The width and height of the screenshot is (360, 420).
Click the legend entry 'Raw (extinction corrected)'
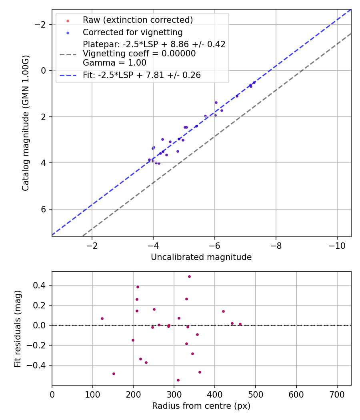[138, 20]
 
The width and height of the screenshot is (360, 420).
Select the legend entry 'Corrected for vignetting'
[132, 32]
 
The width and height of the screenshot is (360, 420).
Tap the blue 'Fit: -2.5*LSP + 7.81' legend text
[142, 75]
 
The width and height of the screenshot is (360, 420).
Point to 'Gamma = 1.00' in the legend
[114, 63]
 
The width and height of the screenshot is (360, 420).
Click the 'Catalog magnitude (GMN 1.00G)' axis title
[26, 123]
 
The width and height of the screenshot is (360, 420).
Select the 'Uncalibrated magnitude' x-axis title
[201, 257]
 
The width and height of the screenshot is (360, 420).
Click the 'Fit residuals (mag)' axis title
[18, 328]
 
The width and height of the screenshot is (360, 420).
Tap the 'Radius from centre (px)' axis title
[201, 406]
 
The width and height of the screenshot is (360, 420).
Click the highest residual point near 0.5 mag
[189, 276]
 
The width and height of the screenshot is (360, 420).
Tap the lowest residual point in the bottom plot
[178, 380]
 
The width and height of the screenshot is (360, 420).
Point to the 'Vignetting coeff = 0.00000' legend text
[139, 54]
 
